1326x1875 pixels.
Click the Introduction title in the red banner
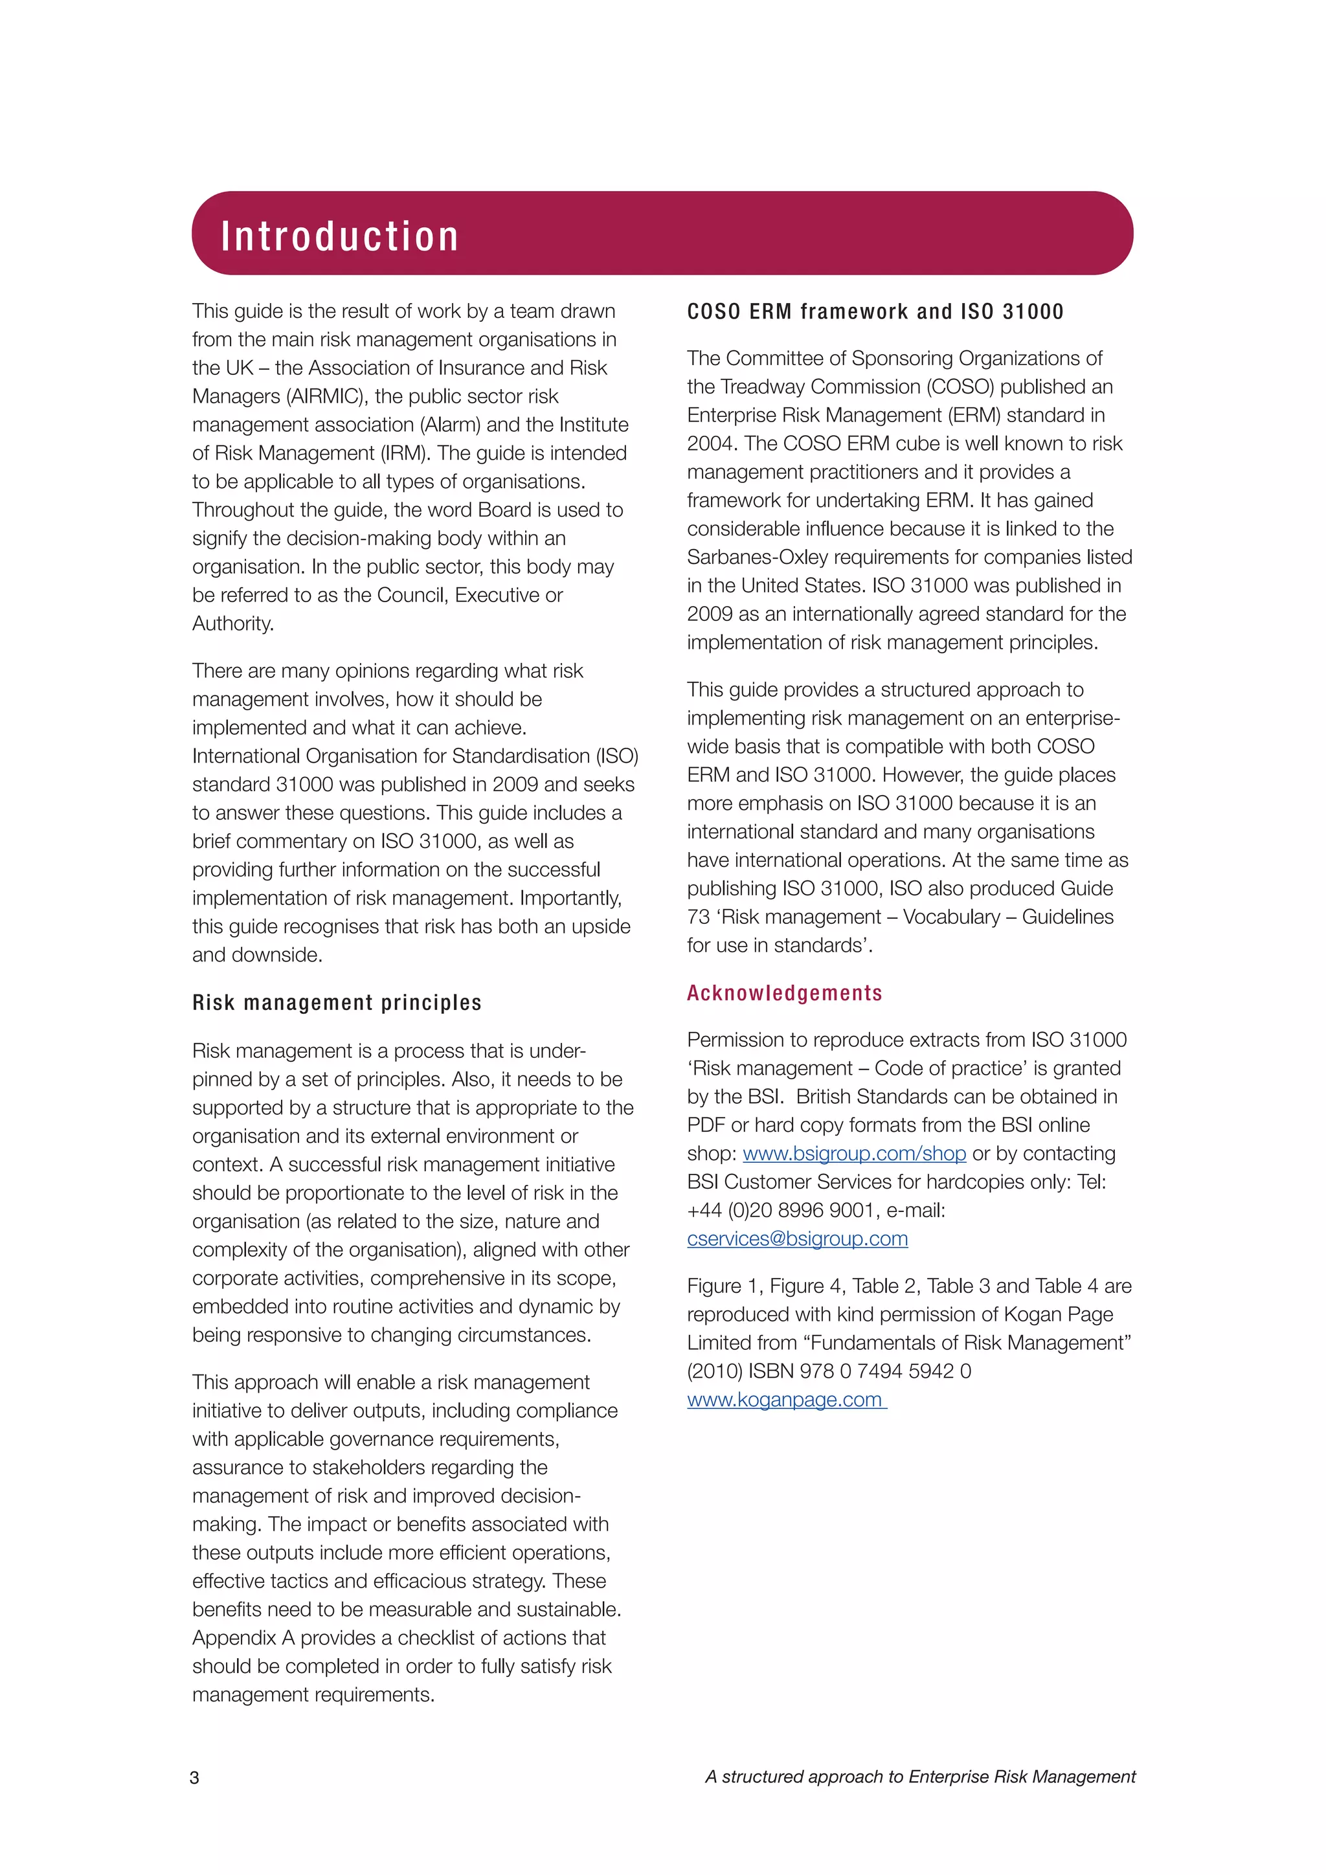point(340,236)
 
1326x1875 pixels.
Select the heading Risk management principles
point(337,1003)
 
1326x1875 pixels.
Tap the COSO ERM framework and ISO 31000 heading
point(875,312)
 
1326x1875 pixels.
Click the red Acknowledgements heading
point(784,993)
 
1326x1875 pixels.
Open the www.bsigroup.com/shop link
point(854,1153)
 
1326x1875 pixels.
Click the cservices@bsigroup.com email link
point(797,1239)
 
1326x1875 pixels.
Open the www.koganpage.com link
point(785,1400)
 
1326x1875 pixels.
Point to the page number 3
point(194,1778)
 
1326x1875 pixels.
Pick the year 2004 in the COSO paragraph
point(711,444)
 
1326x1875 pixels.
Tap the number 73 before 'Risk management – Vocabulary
point(698,917)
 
